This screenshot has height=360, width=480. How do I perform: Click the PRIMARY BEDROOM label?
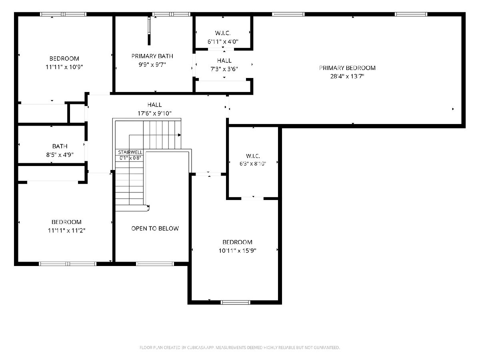pyautogui.click(x=347, y=68)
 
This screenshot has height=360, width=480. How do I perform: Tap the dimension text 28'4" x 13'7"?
pyautogui.click(x=347, y=76)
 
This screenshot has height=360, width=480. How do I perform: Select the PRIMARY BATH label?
pyautogui.click(x=152, y=56)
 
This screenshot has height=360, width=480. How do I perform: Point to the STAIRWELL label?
pyautogui.click(x=130, y=152)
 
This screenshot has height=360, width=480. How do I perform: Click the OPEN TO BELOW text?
pyautogui.click(x=155, y=228)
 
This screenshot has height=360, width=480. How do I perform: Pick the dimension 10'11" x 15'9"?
pyautogui.click(x=238, y=250)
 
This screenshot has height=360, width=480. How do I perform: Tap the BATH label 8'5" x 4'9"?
pyautogui.click(x=60, y=146)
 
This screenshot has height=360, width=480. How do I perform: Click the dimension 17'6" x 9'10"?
pyautogui.click(x=154, y=113)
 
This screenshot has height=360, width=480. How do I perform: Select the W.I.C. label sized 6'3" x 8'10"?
pyautogui.click(x=253, y=156)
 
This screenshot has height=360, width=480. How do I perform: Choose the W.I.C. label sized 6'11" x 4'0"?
pyautogui.click(x=223, y=33)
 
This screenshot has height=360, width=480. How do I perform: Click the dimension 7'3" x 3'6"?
pyautogui.click(x=224, y=69)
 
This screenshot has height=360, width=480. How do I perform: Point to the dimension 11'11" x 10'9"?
pyautogui.click(x=64, y=67)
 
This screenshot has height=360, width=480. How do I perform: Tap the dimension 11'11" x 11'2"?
pyautogui.click(x=66, y=230)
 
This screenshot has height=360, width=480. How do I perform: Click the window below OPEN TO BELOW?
pyautogui.click(x=155, y=264)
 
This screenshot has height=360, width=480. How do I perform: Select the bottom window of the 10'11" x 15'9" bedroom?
pyautogui.click(x=235, y=302)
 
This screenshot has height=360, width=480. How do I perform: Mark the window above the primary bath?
pyautogui.click(x=171, y=14)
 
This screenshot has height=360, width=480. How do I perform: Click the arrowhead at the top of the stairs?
pyautogui.click(x=179, y=135)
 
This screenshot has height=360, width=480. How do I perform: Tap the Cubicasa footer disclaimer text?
pyautogui.click(x=240, y=348)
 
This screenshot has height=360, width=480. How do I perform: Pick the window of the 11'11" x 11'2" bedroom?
pyautogui.click(x=68, y=264)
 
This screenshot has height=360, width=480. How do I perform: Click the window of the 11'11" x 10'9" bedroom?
pyautogui.click(x=63, y=14)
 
